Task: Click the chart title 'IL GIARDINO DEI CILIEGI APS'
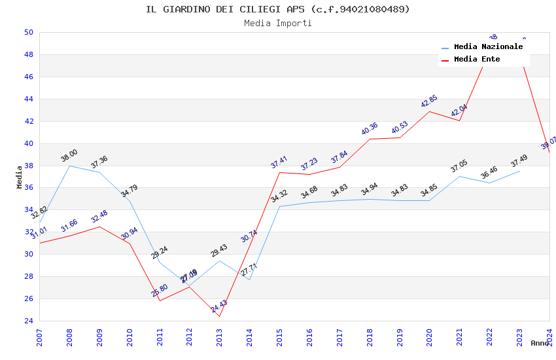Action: tap(277, 9)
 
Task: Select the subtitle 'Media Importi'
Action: tap(277, 23)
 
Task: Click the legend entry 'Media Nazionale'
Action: tap(488, 46)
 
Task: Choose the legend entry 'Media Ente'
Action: tap(477, 59)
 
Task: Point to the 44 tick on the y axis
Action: tap(28, 99)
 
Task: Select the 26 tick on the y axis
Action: tap(28, 298)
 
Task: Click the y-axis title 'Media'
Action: tap(20, 177)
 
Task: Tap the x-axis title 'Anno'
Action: tap(540, 343)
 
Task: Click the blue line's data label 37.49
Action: tap(519, 161)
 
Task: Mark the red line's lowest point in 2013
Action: tap(219, 317)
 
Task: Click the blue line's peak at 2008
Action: tap(70, 166)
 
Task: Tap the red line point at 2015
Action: tap(279, 172)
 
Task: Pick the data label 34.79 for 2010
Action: tap(129, 191)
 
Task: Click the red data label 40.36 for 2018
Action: tap(370, 129)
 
